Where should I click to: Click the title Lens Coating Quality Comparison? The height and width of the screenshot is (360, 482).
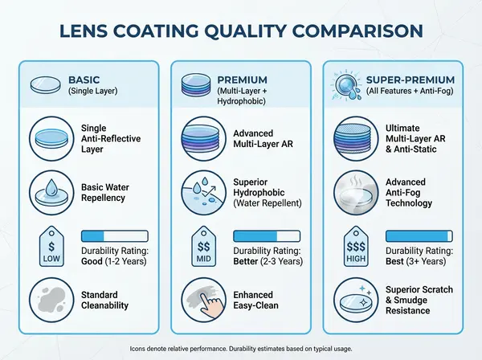point(241,31)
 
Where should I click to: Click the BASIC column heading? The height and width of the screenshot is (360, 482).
point(84,80)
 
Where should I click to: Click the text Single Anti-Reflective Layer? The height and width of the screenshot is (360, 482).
point(110,138)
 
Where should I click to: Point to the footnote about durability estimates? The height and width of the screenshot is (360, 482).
point(241,349)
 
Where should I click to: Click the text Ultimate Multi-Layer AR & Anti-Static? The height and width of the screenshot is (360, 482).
point(419,138)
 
